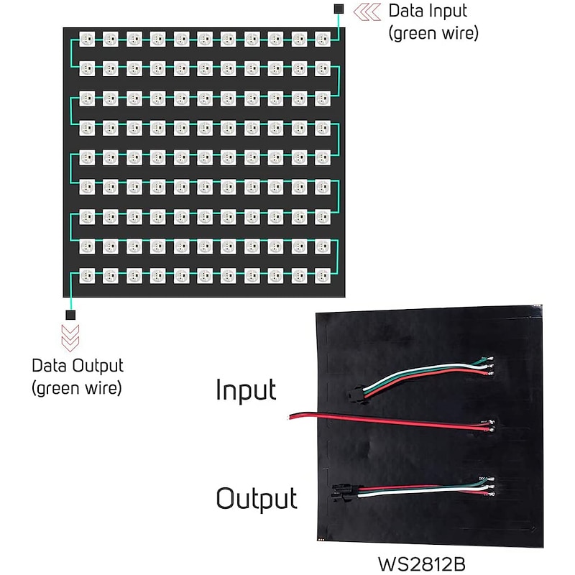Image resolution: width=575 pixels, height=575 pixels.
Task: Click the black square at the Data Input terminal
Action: (339, 9)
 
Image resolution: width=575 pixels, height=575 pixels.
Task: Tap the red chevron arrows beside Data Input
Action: (367, 11)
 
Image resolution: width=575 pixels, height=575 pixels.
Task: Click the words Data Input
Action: (427, 11)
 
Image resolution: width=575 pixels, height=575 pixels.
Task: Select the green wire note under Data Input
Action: (433, 32)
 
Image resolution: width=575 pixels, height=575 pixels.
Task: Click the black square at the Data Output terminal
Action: (70, 315)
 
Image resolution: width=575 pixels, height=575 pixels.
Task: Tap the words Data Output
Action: (78, 365)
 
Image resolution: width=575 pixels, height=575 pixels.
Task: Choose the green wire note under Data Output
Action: (77, 388)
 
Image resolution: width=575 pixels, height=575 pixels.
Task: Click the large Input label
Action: (246, 390)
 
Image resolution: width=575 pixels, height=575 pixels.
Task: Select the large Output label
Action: (257, 498)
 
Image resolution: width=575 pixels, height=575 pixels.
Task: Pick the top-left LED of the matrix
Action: (87, 39)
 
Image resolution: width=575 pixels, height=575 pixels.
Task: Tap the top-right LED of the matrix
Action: (323, 39)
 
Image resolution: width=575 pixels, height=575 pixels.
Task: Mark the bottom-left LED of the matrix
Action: (87, 275)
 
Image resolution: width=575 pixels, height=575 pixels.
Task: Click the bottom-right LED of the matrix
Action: (323, 275)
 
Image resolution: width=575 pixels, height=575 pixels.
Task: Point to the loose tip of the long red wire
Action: (290, 416)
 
